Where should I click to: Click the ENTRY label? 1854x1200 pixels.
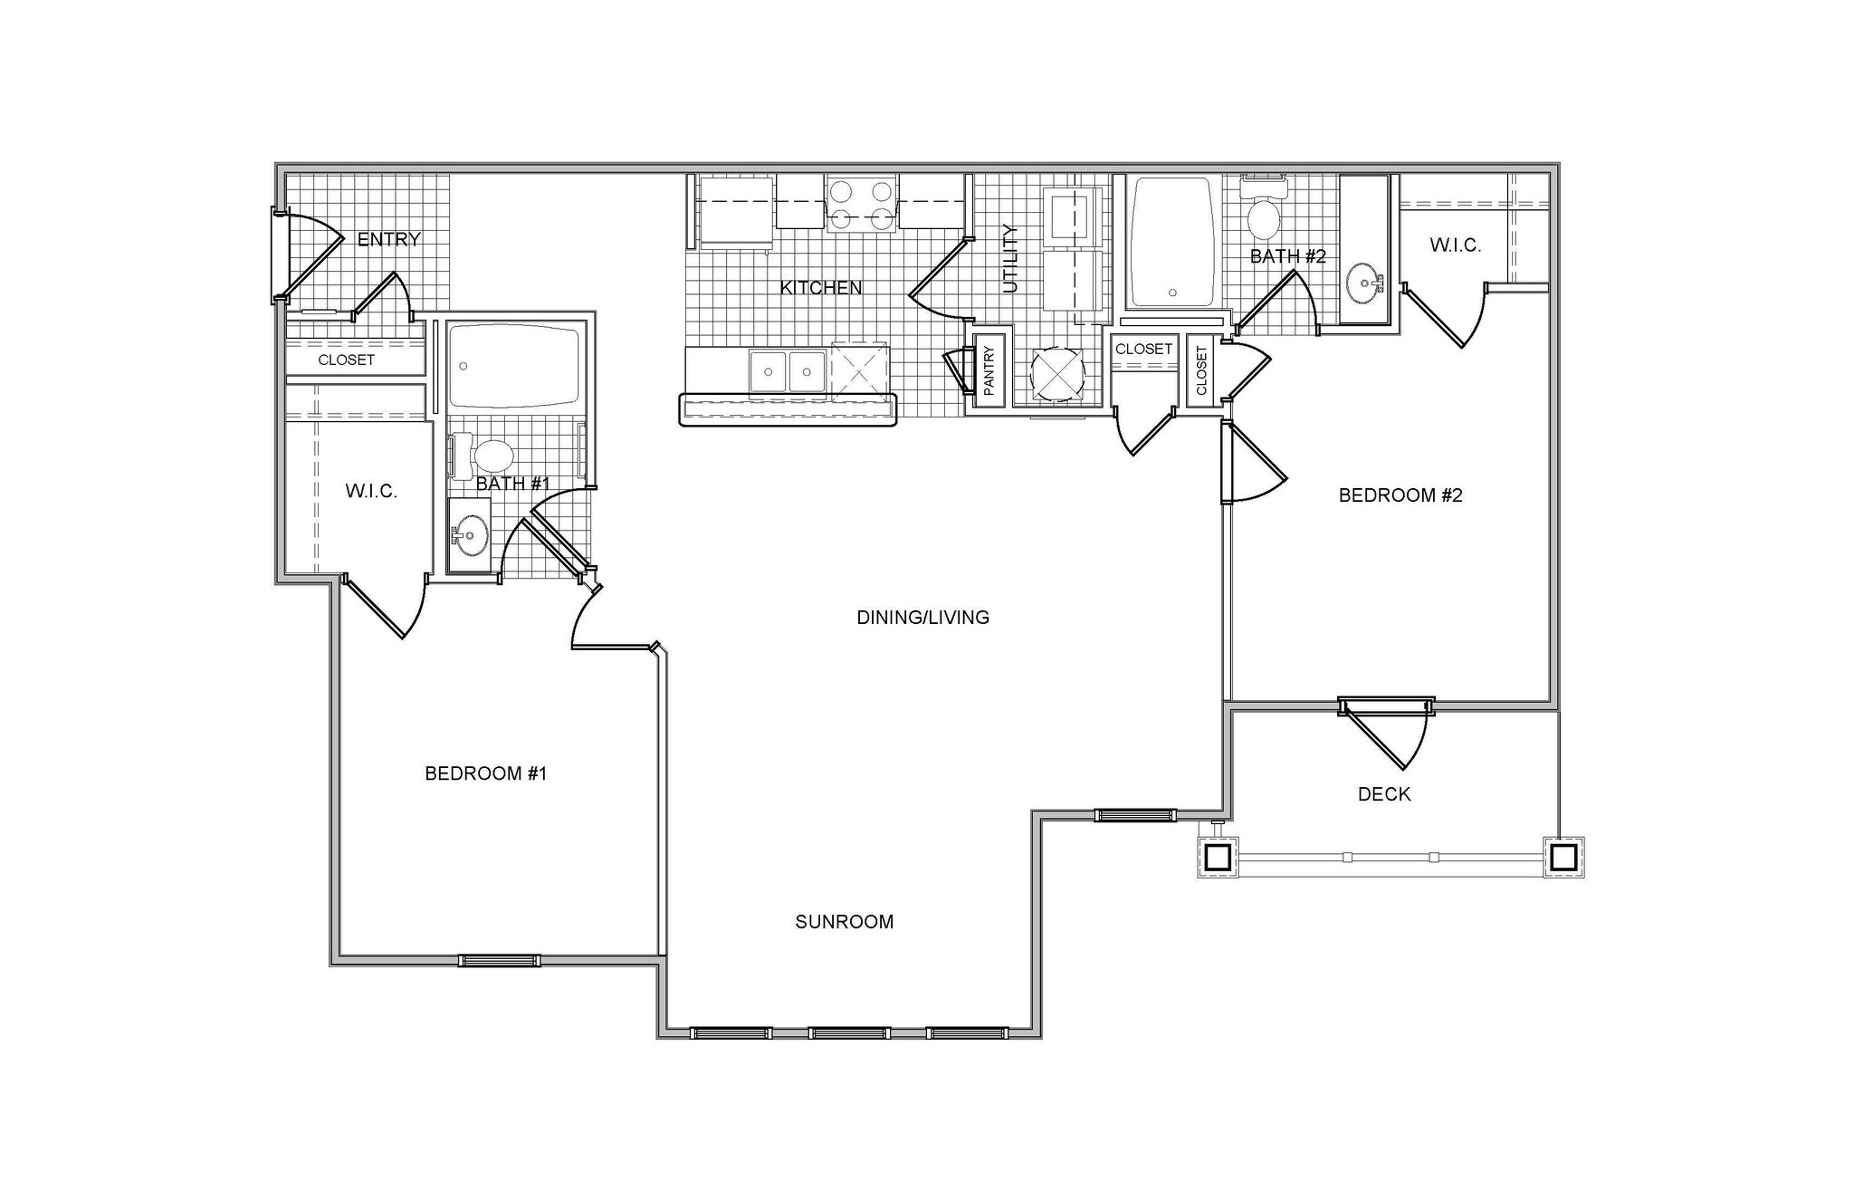388,240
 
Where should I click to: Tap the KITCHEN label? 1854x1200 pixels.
821,288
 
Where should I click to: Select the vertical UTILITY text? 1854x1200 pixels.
1011,259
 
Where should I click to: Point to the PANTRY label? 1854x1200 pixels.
989,370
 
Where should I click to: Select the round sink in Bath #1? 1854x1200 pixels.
470,535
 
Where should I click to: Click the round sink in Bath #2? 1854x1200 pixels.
1363,284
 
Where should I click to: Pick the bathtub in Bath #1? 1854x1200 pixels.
514,367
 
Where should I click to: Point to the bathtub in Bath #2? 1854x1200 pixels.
1172,243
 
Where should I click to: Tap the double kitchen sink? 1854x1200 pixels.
788,371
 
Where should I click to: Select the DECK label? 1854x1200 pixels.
1384,794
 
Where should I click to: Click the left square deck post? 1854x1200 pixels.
1218,857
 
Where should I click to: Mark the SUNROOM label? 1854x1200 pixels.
844,922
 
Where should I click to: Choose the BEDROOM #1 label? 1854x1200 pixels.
486,773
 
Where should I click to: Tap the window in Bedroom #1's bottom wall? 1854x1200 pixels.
499,961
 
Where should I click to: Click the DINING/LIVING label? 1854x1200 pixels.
922,618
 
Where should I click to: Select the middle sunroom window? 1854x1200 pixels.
849,1033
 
